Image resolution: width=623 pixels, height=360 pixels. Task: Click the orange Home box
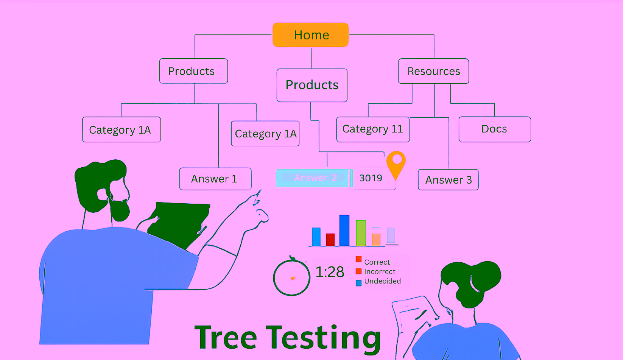(x=310, y=35)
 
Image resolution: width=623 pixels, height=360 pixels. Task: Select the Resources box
(x=433, y=71)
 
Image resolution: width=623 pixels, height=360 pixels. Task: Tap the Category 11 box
(x=373, y=129)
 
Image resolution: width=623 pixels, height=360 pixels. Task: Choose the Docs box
(x=495, y=129)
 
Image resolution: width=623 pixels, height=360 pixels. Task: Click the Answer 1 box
(x=215, y=179)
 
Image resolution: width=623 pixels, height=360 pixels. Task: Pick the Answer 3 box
(x=448, y=180)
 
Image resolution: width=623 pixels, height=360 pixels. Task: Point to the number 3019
(x=371, y=178)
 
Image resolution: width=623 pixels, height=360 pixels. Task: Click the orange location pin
(x=396, y=164)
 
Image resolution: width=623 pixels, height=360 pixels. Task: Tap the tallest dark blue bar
(x=344, y=231)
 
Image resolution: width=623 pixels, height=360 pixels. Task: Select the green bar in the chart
(x=361, y=233)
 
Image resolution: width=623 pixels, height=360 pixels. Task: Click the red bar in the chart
(x=330, y=240)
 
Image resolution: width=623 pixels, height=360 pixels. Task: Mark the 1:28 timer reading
(x=330, y=272)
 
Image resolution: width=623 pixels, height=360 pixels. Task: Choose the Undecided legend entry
(x=378, y=282)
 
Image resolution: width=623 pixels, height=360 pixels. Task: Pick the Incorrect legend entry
(x=375, y=271)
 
